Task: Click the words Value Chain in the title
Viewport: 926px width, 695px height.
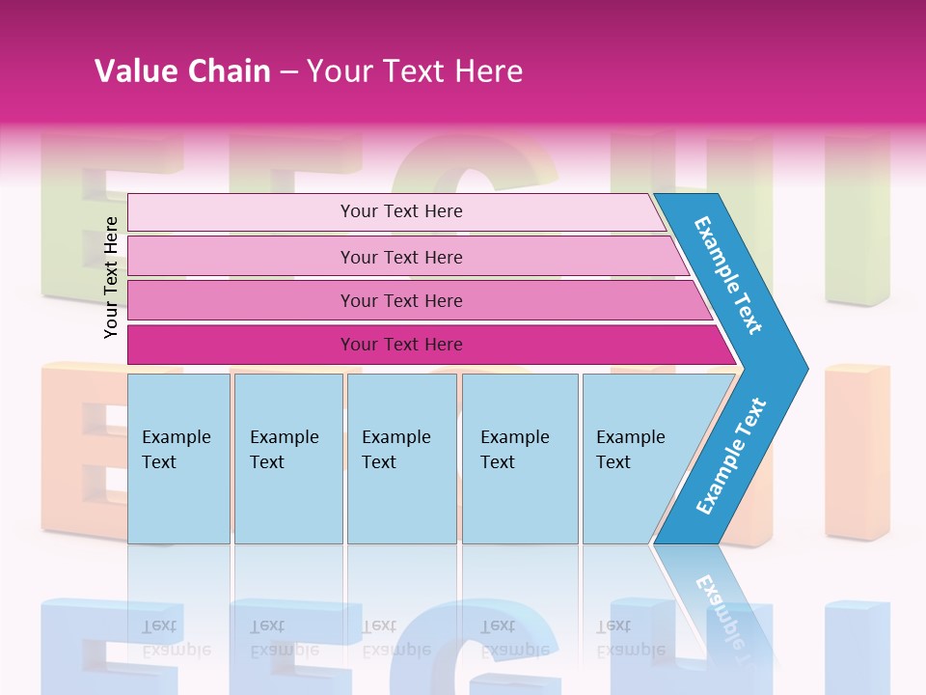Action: [x=182, y=70]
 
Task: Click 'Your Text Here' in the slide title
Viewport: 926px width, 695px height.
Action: [x=415, y=70]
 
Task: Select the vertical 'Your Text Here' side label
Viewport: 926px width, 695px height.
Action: [x=111, y=277]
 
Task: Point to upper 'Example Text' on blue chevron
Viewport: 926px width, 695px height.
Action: [x=728, y=275]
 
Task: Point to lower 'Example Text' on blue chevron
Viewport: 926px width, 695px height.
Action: [x=730, y=457]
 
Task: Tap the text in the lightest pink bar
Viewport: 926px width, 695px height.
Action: [x=401, y=211]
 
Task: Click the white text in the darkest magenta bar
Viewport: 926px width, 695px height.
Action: [x=401, y=345]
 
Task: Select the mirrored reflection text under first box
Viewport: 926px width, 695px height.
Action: [x=176, y=638]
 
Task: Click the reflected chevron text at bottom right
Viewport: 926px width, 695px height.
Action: [x=723, y=608]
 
